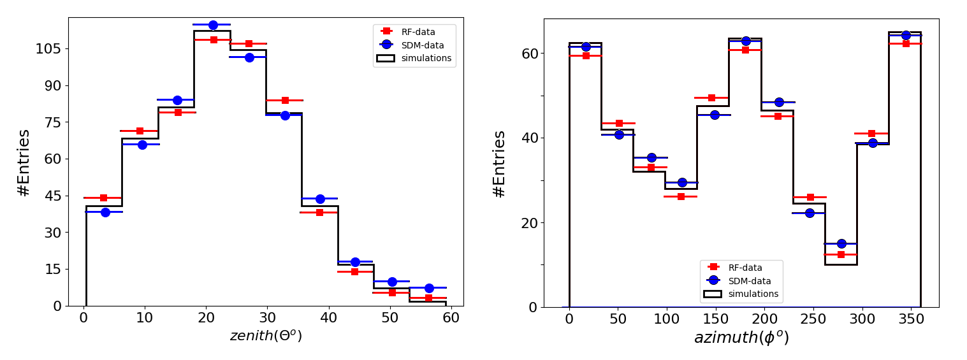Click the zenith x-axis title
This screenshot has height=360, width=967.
pyautogui.click(x=265, y=335)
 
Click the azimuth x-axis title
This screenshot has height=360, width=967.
pyautogui.click(x=741, y=337)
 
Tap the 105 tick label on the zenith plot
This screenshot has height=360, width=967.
pyautogui.click(x=48, y=49)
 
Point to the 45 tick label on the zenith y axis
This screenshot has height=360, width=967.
pyautogui.click(x=53, y=196)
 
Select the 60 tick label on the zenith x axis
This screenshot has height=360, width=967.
pyautogui.click(x=451, y=318)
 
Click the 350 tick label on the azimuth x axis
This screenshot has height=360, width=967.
pyautogui.click(x=912, y=319)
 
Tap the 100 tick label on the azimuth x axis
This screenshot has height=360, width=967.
pyautogui.click(x=667, y=319)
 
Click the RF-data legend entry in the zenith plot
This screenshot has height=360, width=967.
pyautogui.click(x=407, y=31)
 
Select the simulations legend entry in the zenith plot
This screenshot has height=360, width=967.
pyautogui.click(x=414, y=58)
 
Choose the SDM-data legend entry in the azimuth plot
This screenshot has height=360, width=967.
pyautogui.click(x=738, y=280)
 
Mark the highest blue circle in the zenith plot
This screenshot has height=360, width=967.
pyautogui.click(x=213, y=25)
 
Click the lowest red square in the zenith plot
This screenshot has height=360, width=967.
pyautogui.click(x=428, y=298)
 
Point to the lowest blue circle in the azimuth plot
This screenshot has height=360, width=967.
pyautogui.click(x=841, y=244)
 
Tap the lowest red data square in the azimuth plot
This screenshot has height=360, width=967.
pyautogui.click(x=841, y=255)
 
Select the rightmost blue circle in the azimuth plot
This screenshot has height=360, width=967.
pyautogui.click(x=906, y=36)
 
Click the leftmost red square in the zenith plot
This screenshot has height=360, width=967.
pyautogui.click(x=103, y=198)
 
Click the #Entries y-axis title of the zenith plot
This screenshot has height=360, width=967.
pyautogui.click(x=24, y=162)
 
